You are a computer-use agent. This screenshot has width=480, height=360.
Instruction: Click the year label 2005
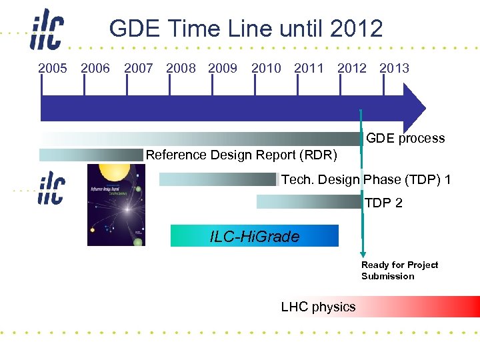(53, 68)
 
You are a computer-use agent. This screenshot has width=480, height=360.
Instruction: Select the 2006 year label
(95, 68)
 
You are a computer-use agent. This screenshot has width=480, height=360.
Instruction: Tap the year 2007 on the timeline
(138, 68)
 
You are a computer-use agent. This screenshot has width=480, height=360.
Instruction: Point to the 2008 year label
(181, 68)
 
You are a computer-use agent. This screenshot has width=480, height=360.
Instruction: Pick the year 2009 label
(223, 68)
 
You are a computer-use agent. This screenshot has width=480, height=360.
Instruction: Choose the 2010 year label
(266, 68)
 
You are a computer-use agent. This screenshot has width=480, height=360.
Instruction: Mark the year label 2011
(309, 68)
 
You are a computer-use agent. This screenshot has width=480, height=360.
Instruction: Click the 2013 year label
(394, 68)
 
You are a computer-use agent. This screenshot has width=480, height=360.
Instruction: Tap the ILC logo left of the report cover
(51, 187)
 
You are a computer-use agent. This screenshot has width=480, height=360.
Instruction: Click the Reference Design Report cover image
(116, 205)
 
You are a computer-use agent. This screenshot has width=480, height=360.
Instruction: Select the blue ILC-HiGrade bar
(254, 236)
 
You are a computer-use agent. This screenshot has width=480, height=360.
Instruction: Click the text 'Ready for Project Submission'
(399, 271)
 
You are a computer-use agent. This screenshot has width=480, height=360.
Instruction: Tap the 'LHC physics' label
(318, 307)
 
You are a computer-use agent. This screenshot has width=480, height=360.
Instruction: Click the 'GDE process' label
(405, 139)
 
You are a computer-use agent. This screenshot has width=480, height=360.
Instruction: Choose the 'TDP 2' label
(383, 203)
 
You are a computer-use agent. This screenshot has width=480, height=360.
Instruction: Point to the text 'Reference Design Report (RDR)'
(241, 155)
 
